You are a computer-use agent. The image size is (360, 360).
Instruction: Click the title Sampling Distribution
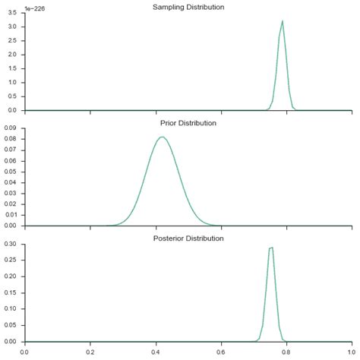click(188, 7)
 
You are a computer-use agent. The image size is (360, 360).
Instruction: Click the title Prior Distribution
click(188, 122)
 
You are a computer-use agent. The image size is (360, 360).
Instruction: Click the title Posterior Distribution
click(188, 238)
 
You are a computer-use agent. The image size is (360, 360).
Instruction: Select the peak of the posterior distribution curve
click(270, 248)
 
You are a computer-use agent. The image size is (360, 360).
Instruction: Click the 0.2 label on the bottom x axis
click(90, 352)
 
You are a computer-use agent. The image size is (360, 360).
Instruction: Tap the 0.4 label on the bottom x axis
click(156, 352)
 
